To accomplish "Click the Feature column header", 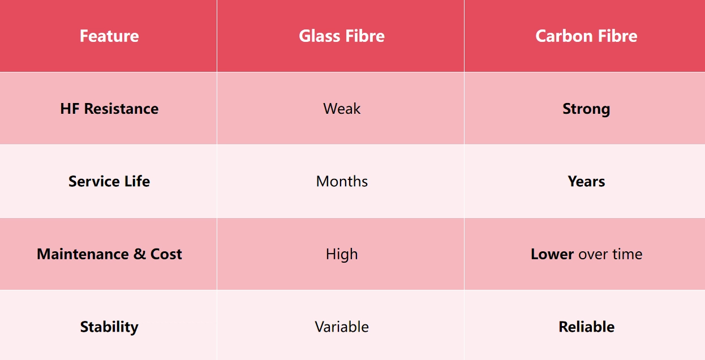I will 109,36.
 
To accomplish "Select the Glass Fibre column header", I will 342,36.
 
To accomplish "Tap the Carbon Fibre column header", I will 586,36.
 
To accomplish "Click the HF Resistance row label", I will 109,109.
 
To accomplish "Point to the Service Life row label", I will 109,182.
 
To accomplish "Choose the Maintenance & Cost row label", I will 109,254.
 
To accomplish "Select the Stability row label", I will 109,327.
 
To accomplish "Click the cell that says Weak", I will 342,109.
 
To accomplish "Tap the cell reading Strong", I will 586,109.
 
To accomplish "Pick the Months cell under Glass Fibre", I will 342,182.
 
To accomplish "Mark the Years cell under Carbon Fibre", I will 586,182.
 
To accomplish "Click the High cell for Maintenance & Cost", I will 342,254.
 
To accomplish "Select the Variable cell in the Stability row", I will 342,327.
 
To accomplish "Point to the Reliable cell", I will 586,327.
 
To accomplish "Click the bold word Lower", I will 552,254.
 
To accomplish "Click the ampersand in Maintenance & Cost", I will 139,254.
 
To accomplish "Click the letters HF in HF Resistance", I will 70,109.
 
